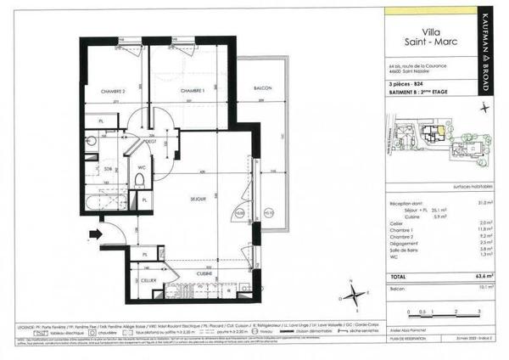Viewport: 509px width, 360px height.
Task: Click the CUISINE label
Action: pos(205,273)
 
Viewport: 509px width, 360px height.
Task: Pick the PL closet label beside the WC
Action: pos(144,200)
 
